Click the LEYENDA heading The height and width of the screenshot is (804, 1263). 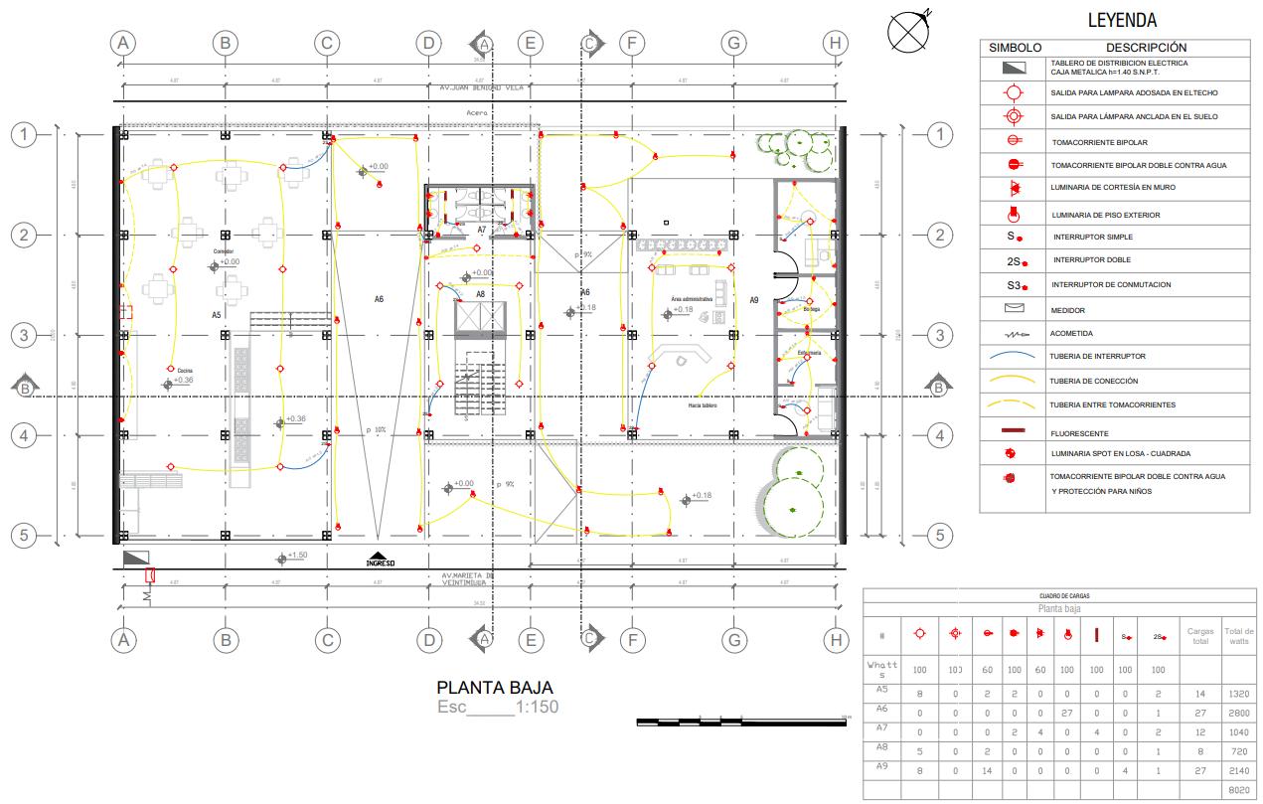pyautogui.click(x=1122, y=21)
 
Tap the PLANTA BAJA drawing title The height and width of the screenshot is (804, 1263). pyautogui.click(x=495, y=688)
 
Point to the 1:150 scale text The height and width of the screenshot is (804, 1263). pyautogui.click(x=537, y=709)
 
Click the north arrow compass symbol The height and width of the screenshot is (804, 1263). pyautogui.click(x=907, y=31)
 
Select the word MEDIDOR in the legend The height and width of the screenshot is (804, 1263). pyautogui.click(x=1068, y=311)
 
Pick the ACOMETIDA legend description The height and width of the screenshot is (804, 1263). pyautogui.click(x=1071, y=334)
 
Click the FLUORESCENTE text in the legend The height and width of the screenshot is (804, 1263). pyautogui.click(x=1079, y=433)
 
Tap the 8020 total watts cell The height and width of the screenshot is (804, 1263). pyautogui.click(x=1238, y=791)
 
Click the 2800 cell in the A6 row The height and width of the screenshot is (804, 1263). pyautogui.click(x=1238, y=714)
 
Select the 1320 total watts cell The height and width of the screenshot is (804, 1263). pyautogui.click(x=1238, y=694)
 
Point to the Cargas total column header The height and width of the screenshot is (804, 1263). pyautogui.click(x=1200, y=636)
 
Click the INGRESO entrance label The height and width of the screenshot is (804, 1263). pyautogui.click(x=381, y=563)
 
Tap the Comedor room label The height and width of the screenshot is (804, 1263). pyautogui.click(x=224, y=251)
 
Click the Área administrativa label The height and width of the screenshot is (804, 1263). pyautogui.click(x=692, y=299)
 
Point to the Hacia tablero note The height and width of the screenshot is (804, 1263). pyautogui.click(x=703, y=405)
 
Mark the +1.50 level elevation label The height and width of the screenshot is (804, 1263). pyautogui.click(x=297, y=555)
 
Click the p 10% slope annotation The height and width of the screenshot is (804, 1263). pyautogui.click(x=376, y=430)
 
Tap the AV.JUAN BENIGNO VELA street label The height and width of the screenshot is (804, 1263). pyautogui.click(x=481, y=87)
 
